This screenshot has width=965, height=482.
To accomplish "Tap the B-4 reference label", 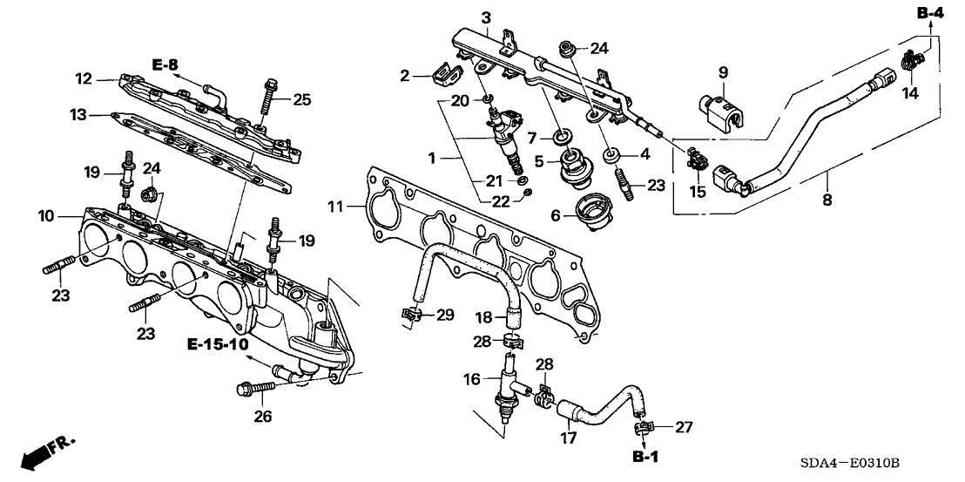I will point(929,12).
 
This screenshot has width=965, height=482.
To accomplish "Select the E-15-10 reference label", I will point(217,345).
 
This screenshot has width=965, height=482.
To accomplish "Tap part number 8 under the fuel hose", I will point(827,200).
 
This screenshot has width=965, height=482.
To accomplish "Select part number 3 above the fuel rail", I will point(486,17).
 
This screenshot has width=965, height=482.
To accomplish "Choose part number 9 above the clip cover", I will point(722,71).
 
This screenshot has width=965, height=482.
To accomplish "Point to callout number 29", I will point(445,314).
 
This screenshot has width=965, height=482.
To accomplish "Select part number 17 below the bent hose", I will point(568,438).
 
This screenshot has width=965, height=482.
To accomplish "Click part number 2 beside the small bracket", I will point(403,76).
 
